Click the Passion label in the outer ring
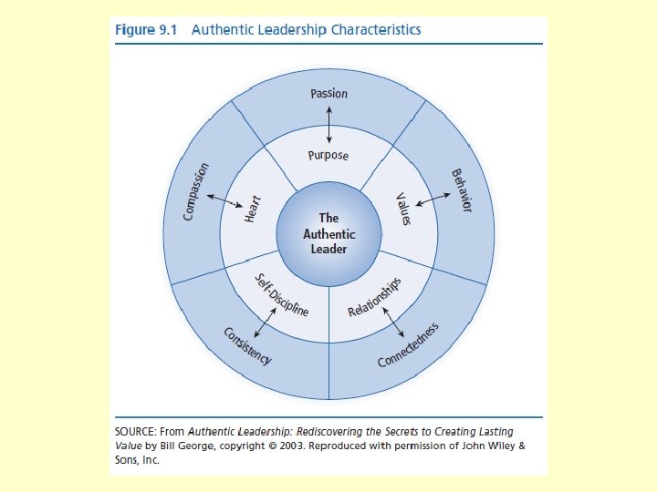328,93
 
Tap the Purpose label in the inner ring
328,155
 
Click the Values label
403,209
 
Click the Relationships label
375,298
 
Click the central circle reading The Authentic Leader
328,234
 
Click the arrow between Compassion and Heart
222,200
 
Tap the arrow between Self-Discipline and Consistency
266,320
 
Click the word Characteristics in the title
376,29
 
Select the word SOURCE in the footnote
140,432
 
